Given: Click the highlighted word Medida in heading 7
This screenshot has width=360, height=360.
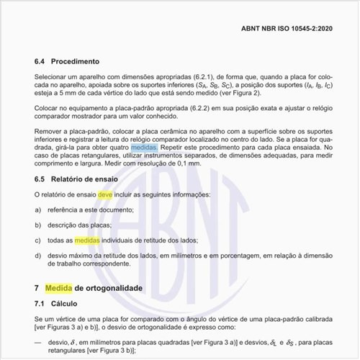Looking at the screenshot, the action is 58,288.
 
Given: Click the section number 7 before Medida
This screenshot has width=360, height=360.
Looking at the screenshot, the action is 37,288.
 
